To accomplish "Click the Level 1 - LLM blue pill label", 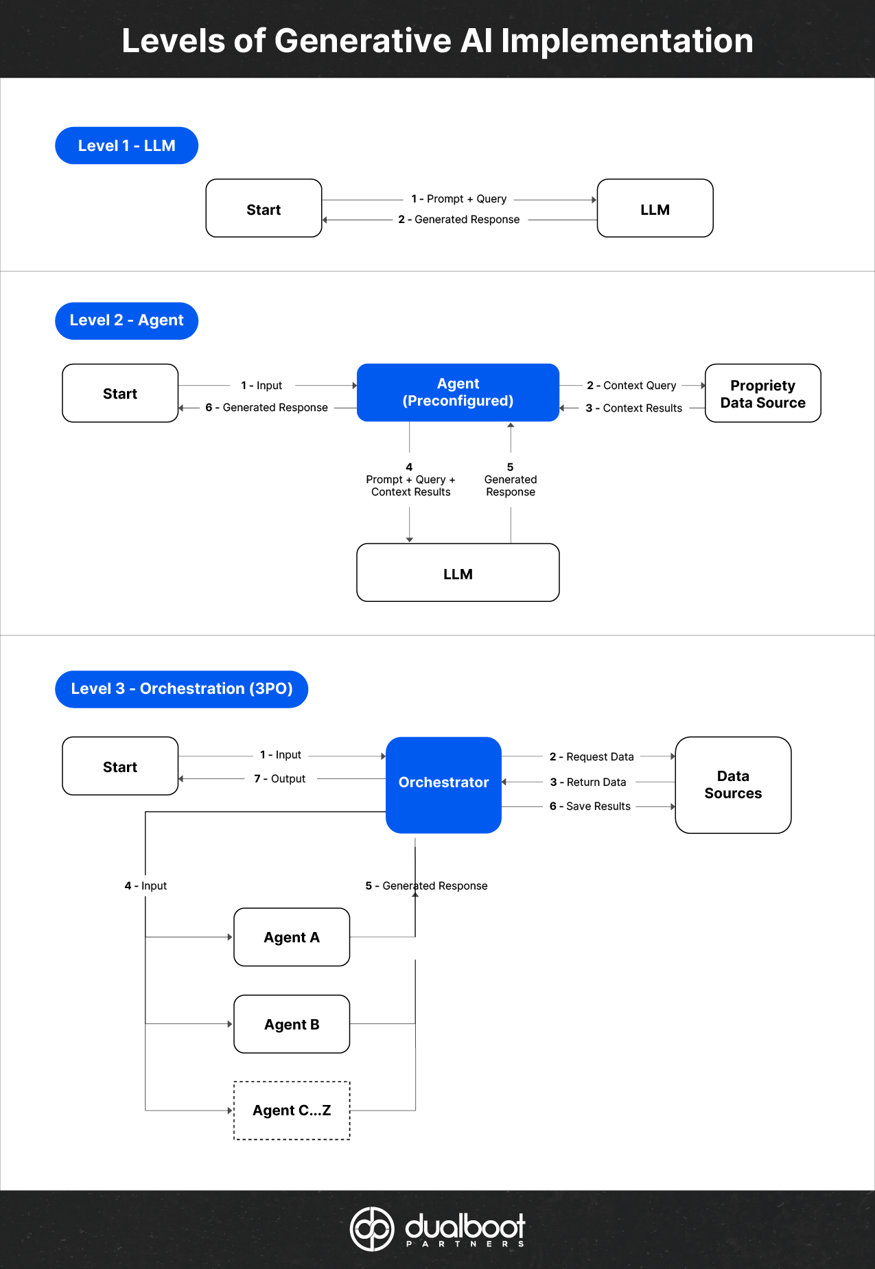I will [126, 145].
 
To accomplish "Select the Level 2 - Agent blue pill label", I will [126, 321].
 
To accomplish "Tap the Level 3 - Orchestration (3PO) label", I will [181, 689].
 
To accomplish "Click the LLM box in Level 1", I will [655, 209].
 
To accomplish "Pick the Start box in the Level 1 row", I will [264, 209].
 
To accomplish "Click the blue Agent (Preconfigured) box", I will [458, 393].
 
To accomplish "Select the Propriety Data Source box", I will [762, 393].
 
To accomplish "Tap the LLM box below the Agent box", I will [458, 573].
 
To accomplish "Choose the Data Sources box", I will [733, 784].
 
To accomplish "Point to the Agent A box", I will [292, 938].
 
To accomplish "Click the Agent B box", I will [292, 1024].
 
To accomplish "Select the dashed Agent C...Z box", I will [292, 1110].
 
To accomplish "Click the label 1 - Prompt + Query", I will [459, 199].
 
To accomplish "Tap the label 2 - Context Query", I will [631, 386].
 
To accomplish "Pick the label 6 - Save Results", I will [590, 806].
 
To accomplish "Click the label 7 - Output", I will [280, 779].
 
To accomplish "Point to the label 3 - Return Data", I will [588, 782].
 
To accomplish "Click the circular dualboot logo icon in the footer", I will [372, 1229].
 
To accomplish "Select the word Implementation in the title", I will [627, 41].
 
